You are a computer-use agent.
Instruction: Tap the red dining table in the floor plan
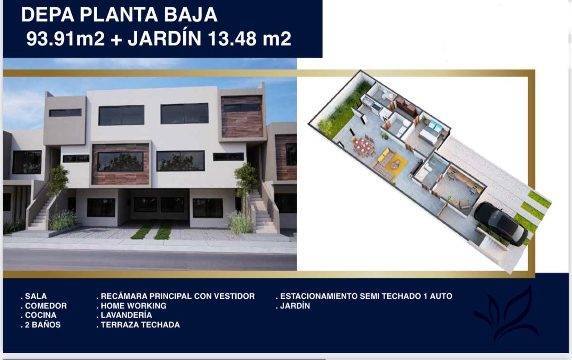362,145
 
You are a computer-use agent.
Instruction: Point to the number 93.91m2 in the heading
65,39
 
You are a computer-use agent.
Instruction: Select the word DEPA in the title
48,15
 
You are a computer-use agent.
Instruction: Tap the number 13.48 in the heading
232,39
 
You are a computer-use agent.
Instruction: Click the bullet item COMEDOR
44,306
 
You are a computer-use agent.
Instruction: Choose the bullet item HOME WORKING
131,306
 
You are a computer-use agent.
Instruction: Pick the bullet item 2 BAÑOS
41,325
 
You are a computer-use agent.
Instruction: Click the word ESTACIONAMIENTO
319,296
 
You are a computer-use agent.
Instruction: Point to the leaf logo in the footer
507,314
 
